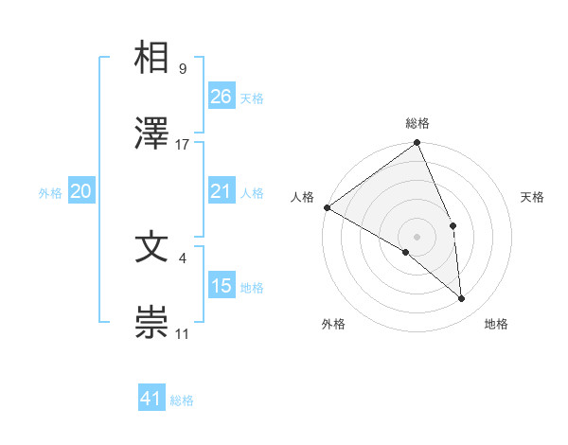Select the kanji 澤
coord(152,134)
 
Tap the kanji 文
coord(152,247)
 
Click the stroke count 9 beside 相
coord(182,68)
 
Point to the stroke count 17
coord(183,145)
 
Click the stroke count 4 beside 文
coord(182,257)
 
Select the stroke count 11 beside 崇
coord(183,334)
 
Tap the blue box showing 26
coord(222,97)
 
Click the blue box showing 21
coord(222,192)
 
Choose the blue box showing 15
coord(222,286)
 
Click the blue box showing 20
coord(81,192)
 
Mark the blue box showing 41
coord(151,399)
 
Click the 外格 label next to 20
coord(50,193)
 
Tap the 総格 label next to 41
coord(182,400)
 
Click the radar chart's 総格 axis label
coord(417,123)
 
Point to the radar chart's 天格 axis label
coord(533,197)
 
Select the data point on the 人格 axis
coord(327,207)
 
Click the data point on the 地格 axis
coord(462,299)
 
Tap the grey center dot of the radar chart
coord(417,236)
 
